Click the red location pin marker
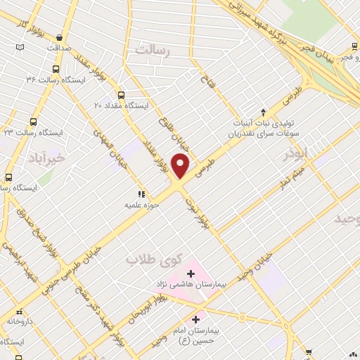[181, 166]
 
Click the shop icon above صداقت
[59, 38]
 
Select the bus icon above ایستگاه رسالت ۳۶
[56, 70]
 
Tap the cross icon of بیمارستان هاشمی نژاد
[191, 273]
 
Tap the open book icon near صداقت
[20, 47]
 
